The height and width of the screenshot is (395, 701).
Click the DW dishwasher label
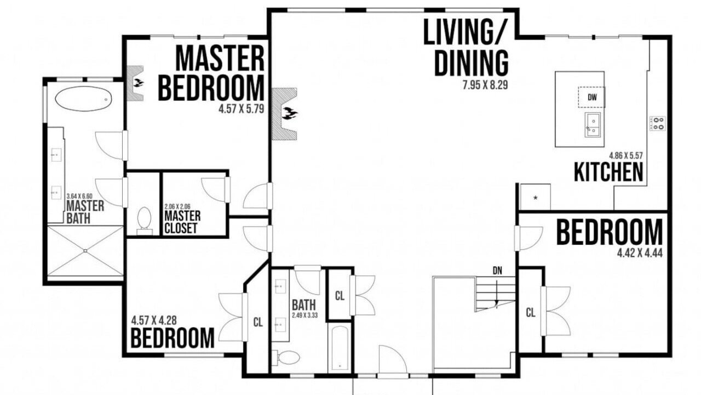coord(592,97)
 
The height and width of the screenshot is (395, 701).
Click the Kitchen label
coord(608,172)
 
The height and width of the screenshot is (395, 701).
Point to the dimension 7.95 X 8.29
coord(485,85)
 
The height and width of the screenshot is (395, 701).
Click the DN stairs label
coord(498,270)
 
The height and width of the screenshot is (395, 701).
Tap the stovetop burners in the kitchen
coord(658,123)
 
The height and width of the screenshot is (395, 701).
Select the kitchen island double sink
coord(593,125)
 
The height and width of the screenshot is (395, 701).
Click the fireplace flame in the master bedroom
coord(138,83)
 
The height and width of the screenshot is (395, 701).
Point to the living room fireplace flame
coord(290,113)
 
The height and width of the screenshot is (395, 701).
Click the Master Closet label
coord(182,222)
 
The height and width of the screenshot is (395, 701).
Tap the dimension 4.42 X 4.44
coord(640,253)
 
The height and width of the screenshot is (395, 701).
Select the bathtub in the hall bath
coord(340,349)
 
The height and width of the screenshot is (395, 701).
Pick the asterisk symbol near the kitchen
coord(536,198)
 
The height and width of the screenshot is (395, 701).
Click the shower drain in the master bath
coord(85,251)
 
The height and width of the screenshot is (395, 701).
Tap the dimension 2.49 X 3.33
coord(305,315)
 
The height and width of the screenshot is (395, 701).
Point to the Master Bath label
coord(85,212)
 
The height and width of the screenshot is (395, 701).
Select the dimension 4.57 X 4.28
coord(154,320)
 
